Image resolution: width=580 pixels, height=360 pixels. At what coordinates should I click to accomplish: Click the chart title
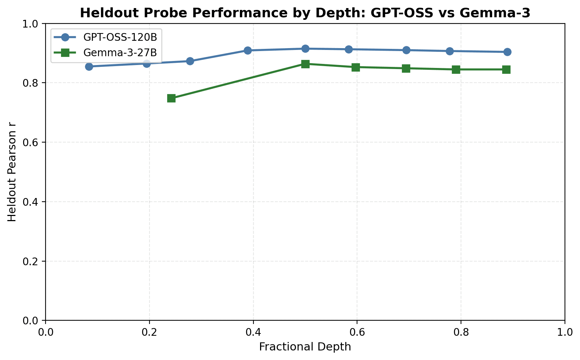(x=305, y=13)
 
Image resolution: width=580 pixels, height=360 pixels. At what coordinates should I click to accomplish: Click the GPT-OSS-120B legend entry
(x=122, y=37)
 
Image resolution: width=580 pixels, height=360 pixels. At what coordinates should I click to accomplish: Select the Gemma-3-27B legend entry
(x=120, y=53)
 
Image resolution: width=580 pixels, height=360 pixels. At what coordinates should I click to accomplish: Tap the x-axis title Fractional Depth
(x=305, y=347)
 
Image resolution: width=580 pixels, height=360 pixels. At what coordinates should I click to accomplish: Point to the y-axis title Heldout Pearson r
(x=12, y=172)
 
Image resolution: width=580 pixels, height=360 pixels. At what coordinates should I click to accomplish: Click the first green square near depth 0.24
(x=171, y=98)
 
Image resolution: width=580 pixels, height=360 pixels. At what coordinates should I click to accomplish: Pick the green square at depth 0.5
(x=305, y=64)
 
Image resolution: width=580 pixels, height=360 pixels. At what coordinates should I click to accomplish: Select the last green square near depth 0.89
(x=506, y=69)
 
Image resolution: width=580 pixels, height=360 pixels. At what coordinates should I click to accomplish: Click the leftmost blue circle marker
(x=89, y=66)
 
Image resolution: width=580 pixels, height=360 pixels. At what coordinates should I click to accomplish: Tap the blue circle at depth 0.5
(x=305, y=48)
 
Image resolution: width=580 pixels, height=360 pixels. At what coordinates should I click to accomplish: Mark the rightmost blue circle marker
(x=507, y=52)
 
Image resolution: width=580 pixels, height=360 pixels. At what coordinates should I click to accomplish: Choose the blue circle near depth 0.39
(x=248, y=50)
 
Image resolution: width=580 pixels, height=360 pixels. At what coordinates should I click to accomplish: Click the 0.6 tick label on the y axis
(x=31, y=143)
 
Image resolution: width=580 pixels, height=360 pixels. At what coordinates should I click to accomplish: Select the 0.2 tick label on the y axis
(x=31, y=262)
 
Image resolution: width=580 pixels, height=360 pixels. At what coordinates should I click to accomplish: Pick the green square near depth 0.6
(x=356, y=67)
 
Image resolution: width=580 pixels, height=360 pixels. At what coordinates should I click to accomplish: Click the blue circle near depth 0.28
(x=190, y=61)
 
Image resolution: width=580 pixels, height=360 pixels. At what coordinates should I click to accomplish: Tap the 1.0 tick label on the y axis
(x=31, y=24)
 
